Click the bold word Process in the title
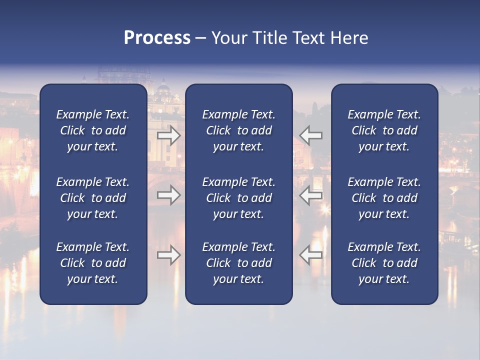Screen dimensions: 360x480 [157, 38]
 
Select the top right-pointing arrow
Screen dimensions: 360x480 [169, 135]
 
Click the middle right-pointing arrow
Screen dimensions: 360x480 [169, 195]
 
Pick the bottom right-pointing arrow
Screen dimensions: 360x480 [169, 255]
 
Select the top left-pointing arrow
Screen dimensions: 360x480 [310, 135]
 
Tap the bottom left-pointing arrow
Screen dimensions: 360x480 [310, 255]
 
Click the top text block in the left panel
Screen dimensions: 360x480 [93, 130]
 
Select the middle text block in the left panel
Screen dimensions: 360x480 [93, 198]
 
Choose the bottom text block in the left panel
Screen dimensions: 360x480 [93, 263]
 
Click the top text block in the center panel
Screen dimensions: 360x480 [239, 130]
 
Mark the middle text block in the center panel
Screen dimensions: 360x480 [239, 198]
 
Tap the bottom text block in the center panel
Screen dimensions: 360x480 [239, 263]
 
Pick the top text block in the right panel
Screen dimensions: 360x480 [384, 130]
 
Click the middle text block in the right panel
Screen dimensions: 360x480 [384, 198]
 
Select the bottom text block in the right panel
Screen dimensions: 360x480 [384, 263]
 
